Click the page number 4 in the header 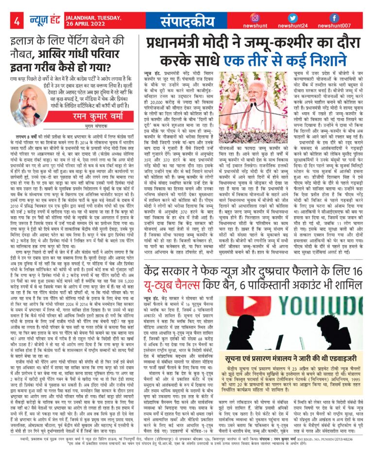[x=17, y=21]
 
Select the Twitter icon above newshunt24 [x=292, y=18]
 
